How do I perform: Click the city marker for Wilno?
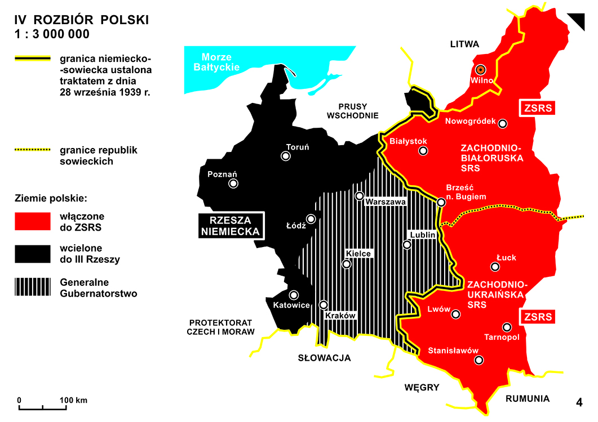[480, 70]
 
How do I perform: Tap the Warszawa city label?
[386, 201]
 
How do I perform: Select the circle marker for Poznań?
[233, 183]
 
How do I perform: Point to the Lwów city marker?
[455, 316]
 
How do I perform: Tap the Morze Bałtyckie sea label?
[220, 62]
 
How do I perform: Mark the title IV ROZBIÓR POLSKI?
[82, 20]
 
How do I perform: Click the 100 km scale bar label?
[73, 400]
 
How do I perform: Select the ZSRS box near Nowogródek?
[537, 108]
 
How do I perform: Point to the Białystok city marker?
[423, 151]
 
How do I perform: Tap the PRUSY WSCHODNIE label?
[358, 111]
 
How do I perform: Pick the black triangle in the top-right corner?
[579, 20]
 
